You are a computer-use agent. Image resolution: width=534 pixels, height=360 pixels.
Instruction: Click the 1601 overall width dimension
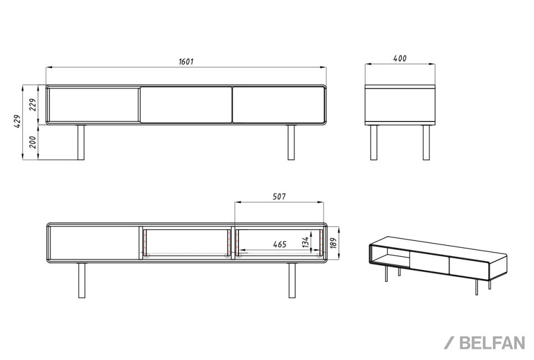[x=186, y=62]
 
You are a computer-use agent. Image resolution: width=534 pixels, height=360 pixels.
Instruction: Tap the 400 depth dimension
[x=400, y=59]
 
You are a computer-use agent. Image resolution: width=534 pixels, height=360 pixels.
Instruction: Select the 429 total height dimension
[x=17, y=121]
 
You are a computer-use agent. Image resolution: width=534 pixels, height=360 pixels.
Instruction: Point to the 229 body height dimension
[x=32, y=105]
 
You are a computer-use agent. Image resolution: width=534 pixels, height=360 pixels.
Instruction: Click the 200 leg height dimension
[x=32, y=142]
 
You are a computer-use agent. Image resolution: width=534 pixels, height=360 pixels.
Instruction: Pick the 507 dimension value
[x=279, y=196]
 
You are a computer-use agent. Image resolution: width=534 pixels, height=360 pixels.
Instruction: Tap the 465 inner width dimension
[x=279, y=245]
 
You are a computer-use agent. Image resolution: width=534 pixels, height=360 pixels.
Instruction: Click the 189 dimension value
[x=333, y=242]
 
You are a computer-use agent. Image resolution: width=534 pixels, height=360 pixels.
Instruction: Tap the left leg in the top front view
[x=81, y=143]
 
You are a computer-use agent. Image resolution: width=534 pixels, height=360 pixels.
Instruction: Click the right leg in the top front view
[x=291, y=143]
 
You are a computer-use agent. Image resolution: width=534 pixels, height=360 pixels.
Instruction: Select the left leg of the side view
[x=374, y=143]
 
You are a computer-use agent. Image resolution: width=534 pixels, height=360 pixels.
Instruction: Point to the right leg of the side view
[x=426, y=143]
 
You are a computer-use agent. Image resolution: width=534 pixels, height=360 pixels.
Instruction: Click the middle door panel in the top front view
[x=186, y=104]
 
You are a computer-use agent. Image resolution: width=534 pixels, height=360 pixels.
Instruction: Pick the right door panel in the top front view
[x=278, y=104]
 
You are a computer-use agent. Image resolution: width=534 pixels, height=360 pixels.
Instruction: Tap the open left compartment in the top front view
[x=93, y=104]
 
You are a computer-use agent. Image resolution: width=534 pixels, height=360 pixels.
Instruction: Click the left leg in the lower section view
[x=82, y=280]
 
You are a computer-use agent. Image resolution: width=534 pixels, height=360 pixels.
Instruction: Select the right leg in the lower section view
[x=292, y=280]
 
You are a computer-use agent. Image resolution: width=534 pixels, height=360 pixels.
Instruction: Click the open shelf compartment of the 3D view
[x=390, y=253]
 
